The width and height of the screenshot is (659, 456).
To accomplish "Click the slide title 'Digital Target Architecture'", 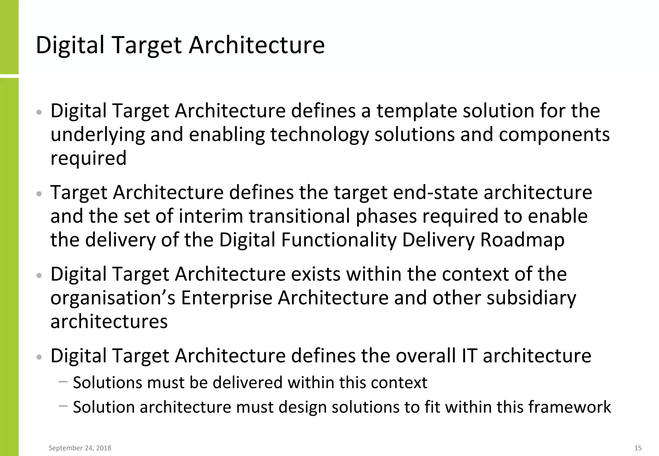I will click(180, 45).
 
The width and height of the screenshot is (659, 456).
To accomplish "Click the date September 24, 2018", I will click(80, 448).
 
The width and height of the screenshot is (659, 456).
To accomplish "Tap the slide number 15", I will click(638, 448).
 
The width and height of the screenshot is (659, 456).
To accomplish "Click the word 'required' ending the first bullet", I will click(88, 158).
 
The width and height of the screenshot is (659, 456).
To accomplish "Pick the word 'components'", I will click(554, 134).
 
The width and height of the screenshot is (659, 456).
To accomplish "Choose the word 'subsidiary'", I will click(531, 298).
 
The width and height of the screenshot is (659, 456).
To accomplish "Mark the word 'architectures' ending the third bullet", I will click(109, 322).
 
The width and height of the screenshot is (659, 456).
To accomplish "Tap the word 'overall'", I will click(425, 356).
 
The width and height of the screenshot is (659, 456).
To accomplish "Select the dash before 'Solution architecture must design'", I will click(63, 406).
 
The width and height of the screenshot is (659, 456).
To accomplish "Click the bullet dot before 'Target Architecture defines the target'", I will click(39, 194).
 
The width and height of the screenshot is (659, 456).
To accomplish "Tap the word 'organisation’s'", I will click(113, 298).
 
